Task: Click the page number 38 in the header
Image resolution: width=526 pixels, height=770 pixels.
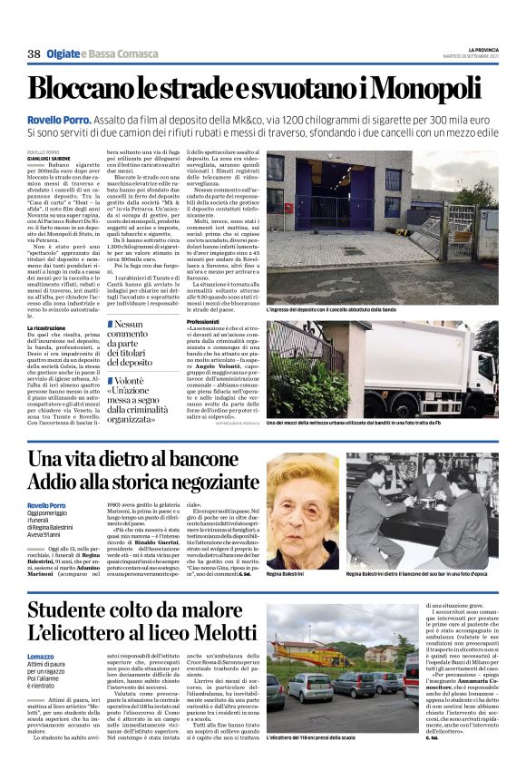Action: pos(34,54)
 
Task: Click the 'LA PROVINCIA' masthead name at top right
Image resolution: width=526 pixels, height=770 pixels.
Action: pos(479,48)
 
